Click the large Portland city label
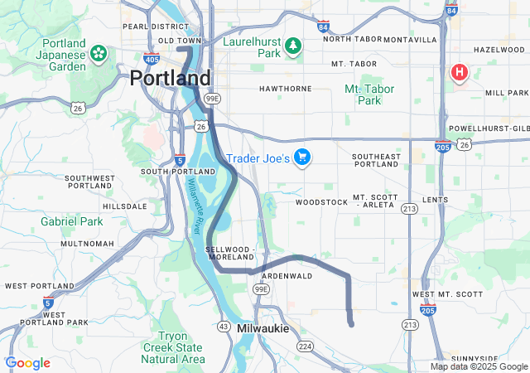pos(170,78)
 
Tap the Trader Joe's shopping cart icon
pos(302,157)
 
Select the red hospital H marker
pos(458,73)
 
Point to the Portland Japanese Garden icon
pos(99,54)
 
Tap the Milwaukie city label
pos(263,329)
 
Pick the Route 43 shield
pos(224,327)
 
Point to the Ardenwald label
pos(286,275)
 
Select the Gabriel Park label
pos(72,221)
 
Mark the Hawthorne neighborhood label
pos(285,88)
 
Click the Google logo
pos(28,363)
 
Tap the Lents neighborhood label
pos(435,200)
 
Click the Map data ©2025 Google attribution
pos(478,366)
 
